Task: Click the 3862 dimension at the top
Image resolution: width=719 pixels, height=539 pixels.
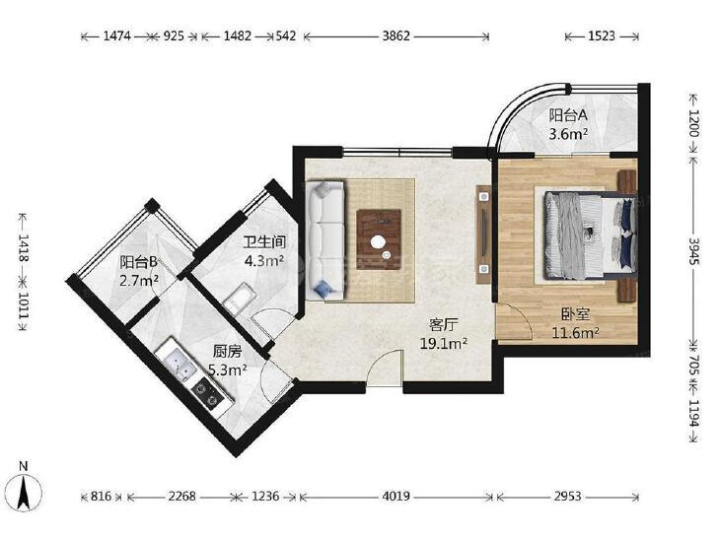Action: (395, 36)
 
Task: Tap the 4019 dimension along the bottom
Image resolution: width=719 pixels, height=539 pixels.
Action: (395, 496)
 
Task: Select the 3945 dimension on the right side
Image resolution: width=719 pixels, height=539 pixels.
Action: (693, 250)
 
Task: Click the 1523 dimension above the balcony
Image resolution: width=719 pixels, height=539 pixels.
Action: (602, 36)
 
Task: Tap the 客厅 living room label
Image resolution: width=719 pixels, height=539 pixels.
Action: (444, 325)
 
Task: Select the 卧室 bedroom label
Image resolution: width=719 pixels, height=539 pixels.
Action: (575, 314)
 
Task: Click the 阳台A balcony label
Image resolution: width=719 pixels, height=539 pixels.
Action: (568, 115)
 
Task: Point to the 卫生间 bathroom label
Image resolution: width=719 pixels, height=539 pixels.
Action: (264, 241)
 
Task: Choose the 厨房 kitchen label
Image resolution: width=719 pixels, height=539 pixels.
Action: (227, 351)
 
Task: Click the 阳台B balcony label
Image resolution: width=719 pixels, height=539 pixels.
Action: (138, 262)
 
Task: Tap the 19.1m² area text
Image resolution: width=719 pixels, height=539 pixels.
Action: (444, 343)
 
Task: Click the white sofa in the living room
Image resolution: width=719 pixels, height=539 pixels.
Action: (325, 240)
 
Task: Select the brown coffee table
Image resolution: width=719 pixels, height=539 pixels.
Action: (379, 239)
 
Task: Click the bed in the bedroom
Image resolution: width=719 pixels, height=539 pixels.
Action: (590, 235)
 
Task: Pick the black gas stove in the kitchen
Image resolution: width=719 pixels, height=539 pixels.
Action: (207, 394)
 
